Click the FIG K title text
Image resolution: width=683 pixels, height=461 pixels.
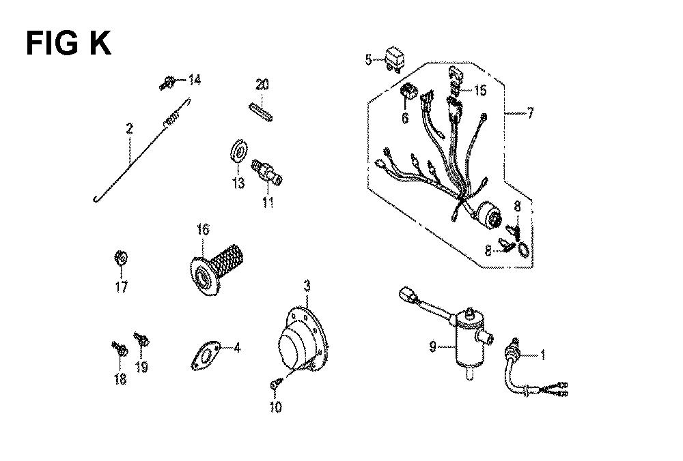pyautogui.click(x=68, y=43)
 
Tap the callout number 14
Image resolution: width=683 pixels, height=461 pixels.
pyautogui.click(x=194, y=80)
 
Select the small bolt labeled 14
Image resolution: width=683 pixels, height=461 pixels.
pyautogui.click(x=167, y=82)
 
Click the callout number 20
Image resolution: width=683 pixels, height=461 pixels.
pyautogui.click(x=262, y=85)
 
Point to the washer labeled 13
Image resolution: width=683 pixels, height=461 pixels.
pyautogui.click(x=238, y=151)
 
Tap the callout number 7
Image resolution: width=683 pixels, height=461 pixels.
pyautogui.click(x=529, y=114)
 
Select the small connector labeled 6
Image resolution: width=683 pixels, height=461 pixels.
pyautogui.click(x=408, y=91)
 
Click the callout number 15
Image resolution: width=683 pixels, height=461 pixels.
pyautogui.click(x=480, y=91)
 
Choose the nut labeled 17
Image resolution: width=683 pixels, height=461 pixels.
pyautogui.click(x=121, y=258)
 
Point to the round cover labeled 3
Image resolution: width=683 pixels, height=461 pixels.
pyautogui.click(x=301, y=339)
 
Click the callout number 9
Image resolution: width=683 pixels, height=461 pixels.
pyautogui.click(x=432, y=346)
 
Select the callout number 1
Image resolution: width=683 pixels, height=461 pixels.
pyautogui.click(x=542, y=355)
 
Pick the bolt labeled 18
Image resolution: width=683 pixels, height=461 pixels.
pyautogui.click(x=120, y=348)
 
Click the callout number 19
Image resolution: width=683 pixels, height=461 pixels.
pyautogui.click(x=141, y=368)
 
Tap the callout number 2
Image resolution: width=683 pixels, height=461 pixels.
pyautogui.click(x=129, y=129)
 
